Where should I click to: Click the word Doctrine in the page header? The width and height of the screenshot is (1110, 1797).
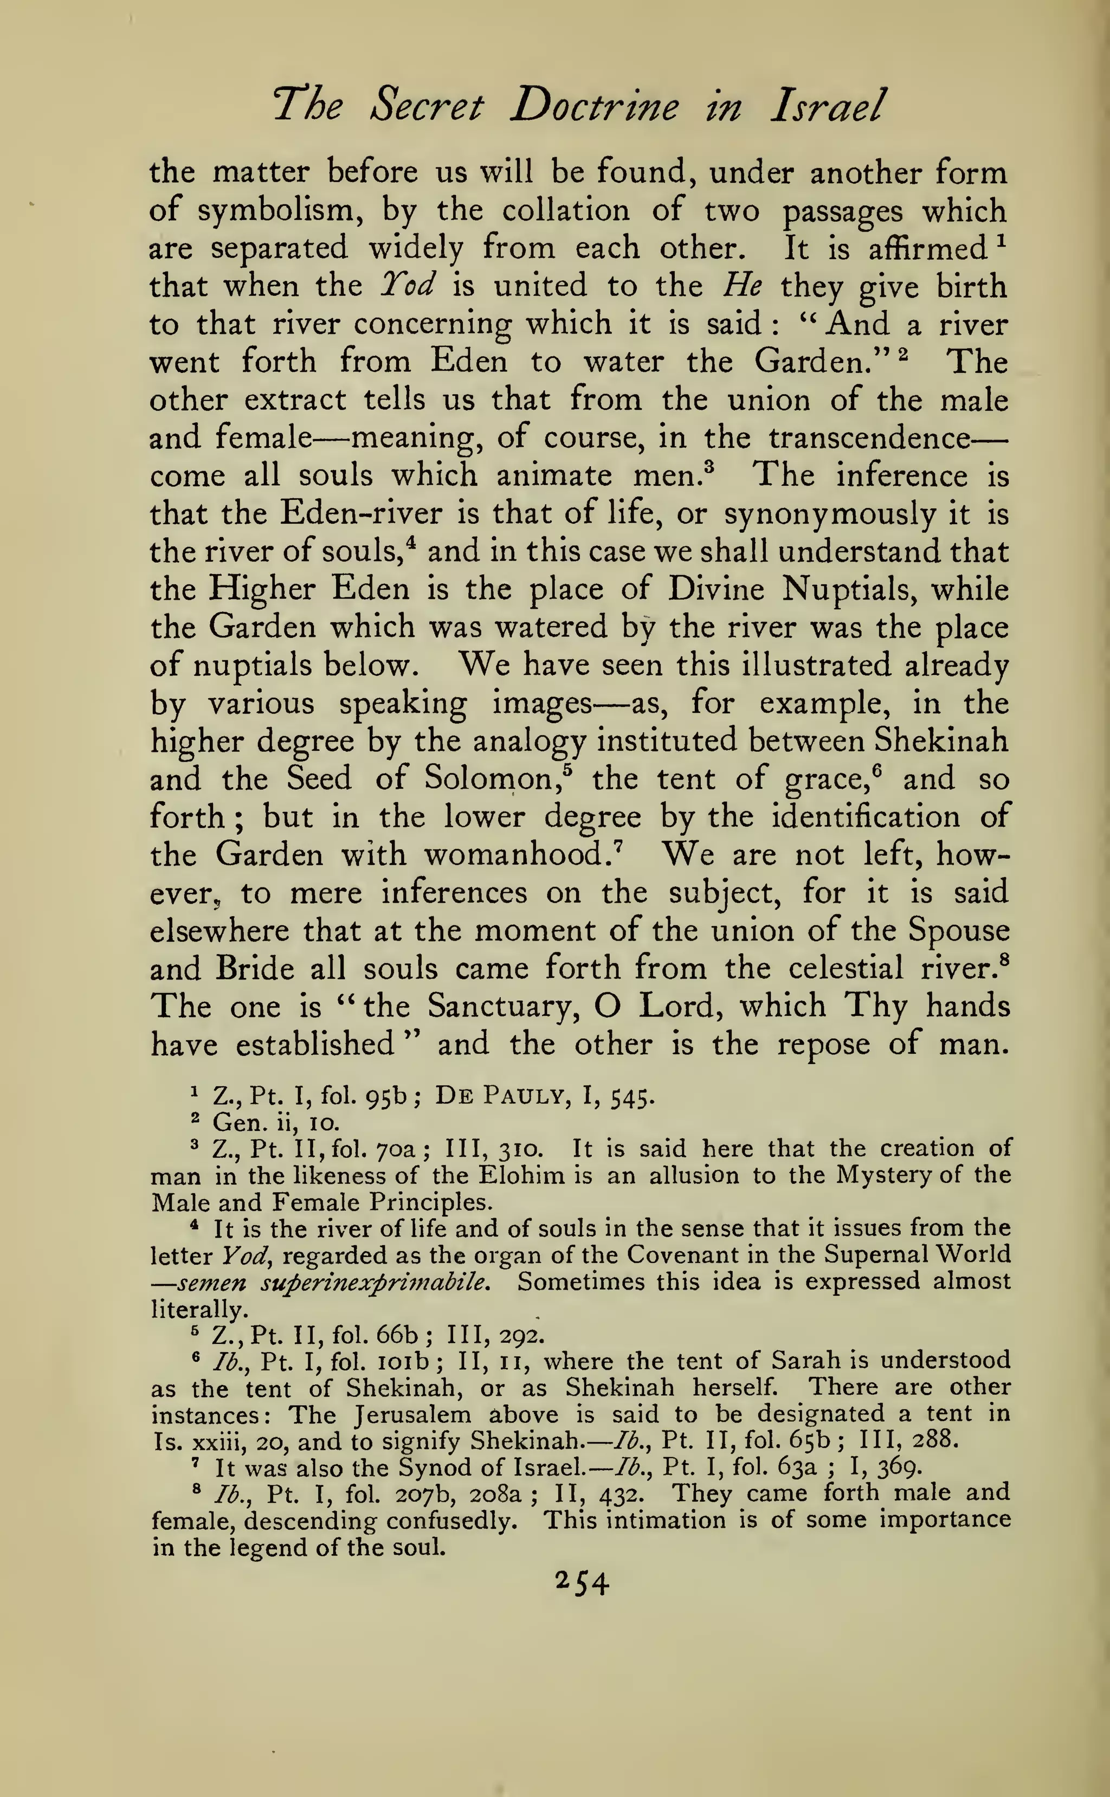594,107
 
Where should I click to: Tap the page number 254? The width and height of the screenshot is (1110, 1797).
582,1583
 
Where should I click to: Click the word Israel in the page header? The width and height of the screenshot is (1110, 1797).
828,107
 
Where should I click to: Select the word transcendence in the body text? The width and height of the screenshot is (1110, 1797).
869,438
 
